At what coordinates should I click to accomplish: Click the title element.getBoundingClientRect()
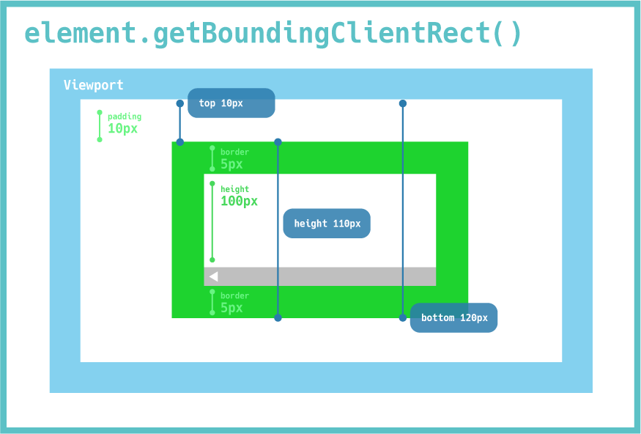273,34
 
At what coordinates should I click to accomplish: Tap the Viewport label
93,85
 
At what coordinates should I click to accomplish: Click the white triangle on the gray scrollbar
213,276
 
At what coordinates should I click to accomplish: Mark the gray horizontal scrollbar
320,276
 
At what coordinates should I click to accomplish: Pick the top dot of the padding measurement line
100,113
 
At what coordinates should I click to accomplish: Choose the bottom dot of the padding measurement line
100,139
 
